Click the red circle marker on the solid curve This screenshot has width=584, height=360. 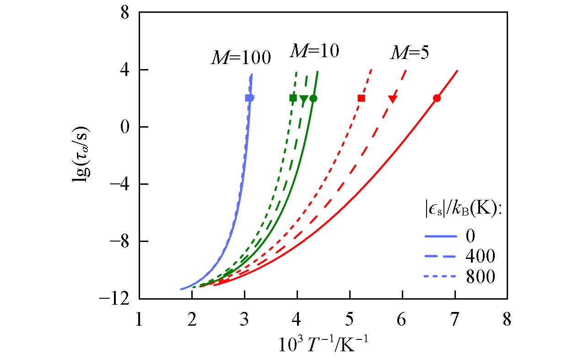click(x=437, y=98)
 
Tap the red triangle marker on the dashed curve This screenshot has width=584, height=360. click(x=392, y=99)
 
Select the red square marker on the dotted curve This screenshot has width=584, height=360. click(x=361, y=98)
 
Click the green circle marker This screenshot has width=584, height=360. click(x=313, y=98)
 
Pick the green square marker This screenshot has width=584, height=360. click(x=293, y=98)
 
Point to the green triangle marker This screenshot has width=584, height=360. click(x=303, y=99)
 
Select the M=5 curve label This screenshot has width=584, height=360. click(x=409, y=53)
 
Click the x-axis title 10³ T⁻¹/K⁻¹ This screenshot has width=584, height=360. click(x=323, y=343)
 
